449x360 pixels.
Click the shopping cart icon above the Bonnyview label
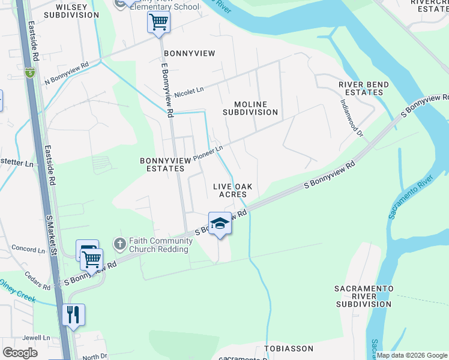coord(158,23)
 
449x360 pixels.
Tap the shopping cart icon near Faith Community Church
coord(91,259)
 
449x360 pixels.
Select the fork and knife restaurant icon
coord(73,314)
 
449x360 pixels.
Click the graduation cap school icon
coord(220,224)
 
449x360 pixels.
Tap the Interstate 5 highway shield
coord(30,73)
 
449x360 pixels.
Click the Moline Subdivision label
coord(250,108)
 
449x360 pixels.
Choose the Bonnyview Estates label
coord(162,164)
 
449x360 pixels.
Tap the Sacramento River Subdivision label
coord(364,296)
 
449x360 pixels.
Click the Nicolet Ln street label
coord(189,92)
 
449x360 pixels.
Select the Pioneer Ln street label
coord(208,153)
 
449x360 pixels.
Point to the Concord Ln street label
coord(25,248)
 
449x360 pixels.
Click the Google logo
coord(20,353)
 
